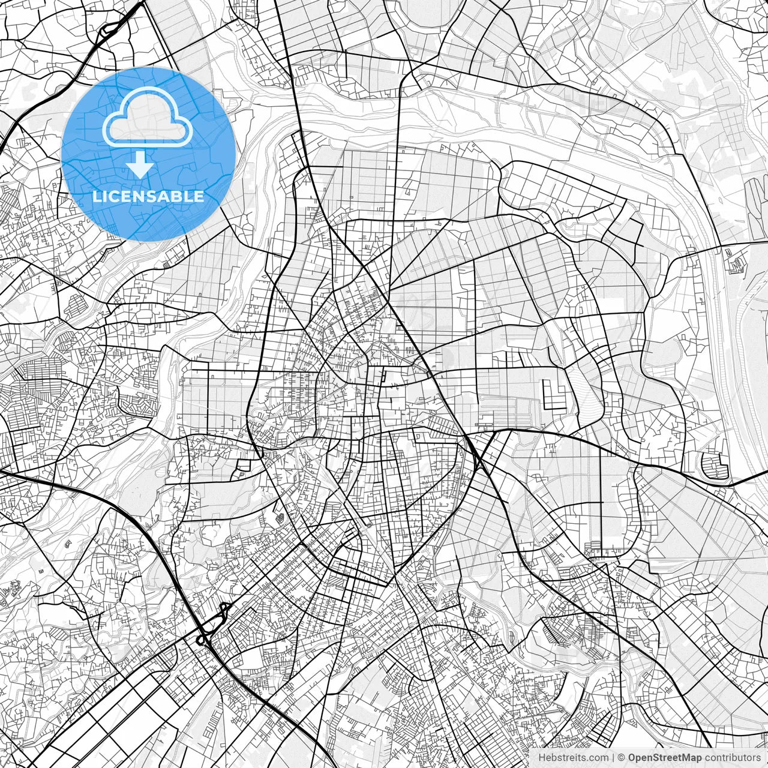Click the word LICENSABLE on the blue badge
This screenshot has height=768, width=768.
click(x=148, y=196)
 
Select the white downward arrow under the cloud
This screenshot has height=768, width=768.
click(x=140, y=164)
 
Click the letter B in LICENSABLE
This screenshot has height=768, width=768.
click(x=176, y=196)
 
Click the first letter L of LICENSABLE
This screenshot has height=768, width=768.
click(x=96, y=196)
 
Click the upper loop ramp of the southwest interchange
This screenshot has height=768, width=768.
click(x=226, y=609)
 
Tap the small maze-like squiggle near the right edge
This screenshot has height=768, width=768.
click(x=734, y=262)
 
